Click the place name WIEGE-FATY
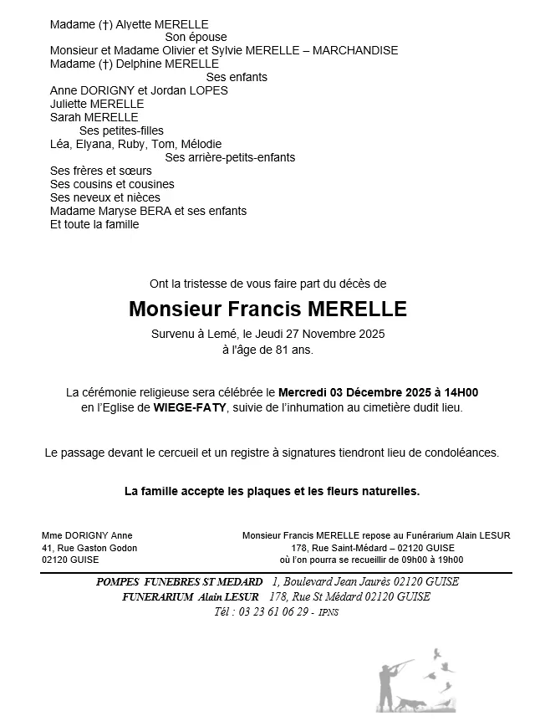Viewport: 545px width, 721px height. (187, 408)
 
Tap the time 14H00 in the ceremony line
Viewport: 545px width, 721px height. (460, 392)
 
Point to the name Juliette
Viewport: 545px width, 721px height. (69, 105)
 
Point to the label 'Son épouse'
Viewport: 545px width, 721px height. (196, 38)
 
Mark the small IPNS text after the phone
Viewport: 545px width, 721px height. (329, 614)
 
